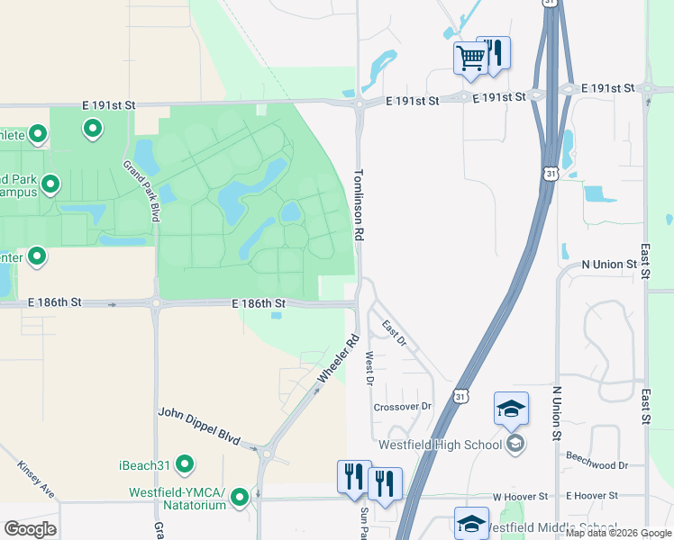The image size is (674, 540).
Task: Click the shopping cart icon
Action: pyautogui.click(x=470, y=58)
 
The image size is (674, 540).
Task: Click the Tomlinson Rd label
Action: pyautogui.click(x=359, y=204)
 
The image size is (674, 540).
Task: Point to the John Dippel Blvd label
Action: pyautogui.click(x=199, y=426)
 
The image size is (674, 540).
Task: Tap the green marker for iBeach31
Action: pyautogui.click(x=185, y=464)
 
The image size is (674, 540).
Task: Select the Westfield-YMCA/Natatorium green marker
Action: pyautogui.click(x=240, y=497)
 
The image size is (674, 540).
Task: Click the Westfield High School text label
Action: pyautogui.click(x=442, y=445)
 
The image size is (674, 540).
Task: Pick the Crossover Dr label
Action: pyautogui.click(x=403, y=407)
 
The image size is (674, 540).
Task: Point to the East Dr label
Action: pyautogui.click(x=394, y=333)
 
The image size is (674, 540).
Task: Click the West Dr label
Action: pyautogui.click(x=369, y=368)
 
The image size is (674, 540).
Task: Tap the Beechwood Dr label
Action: pyautogui.click(x=597, y=465)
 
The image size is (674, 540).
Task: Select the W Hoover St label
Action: pyautogui.click(x=520, y=497)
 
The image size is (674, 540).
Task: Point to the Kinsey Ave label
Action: pyautogui.click(x=36, y=481)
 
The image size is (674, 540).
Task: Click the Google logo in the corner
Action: pyautogui.click(x=30, y=529)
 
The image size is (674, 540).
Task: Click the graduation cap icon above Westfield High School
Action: pyautogui.click(x=511, y=409)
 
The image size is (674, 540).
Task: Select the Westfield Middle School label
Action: pyautogui.click(x=559, y=527)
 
